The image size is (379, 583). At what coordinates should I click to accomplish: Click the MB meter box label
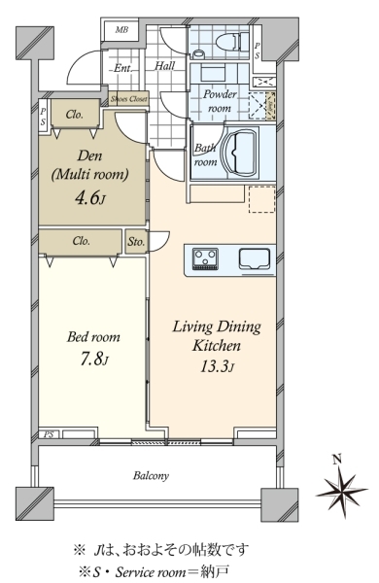(x=121, y=30)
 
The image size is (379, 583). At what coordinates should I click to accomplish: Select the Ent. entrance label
(x=122, y=68)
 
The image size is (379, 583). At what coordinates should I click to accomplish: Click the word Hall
(x=165, y=66)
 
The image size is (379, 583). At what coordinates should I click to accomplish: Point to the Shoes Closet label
(x=129, y=99)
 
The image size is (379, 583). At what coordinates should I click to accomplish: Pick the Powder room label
(x=220, y=101)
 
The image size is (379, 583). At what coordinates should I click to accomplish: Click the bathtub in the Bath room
(x=239, y=153)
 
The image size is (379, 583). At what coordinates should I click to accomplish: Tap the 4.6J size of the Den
(x=90, y=199)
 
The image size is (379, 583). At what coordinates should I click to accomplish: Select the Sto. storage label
(x=136, y=242)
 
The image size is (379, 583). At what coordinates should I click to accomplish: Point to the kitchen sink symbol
(x=255, y=258)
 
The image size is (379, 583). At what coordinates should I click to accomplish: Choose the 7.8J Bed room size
(x=94, y=360)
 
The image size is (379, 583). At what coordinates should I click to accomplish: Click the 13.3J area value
(x=218, y=367)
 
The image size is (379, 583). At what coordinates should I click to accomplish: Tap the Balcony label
(x=151, y=476)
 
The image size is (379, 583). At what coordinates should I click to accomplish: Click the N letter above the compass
(x=337, y=461)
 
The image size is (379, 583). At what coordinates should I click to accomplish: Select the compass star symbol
(x=342, y=492)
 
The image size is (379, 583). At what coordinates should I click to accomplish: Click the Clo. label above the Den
(x=75, y=115)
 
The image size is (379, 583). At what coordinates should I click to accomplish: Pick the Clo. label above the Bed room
(x=82, y=241)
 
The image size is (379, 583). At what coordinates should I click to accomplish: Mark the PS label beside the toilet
(x=258, y=51)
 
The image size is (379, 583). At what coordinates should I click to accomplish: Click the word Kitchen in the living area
(x=217, y=346)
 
